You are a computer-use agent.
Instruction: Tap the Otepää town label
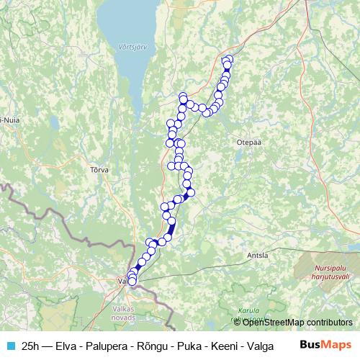[246, 143]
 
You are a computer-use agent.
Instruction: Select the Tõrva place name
[99, 170]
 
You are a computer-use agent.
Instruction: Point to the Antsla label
[257, 255]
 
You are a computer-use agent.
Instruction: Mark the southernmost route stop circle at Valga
[132, 283]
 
